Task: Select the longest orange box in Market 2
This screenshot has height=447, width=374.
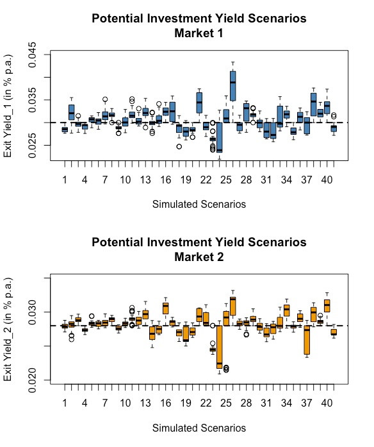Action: coord(219,347)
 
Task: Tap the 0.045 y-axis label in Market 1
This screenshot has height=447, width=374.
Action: coord(33,55)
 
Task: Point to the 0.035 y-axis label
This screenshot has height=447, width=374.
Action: coord(33,100)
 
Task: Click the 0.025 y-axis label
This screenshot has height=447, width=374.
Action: coord(33,146)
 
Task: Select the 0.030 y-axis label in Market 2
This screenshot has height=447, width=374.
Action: coord(33,312)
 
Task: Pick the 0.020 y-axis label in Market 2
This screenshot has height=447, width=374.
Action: coord(33,380)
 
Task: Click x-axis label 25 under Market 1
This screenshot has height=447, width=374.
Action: coord(226,180)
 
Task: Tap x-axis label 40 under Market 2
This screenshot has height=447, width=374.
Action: coord(327,403)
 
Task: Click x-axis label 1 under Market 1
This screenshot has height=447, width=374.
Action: coord(65,180)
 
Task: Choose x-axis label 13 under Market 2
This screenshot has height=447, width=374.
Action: coord(145,403)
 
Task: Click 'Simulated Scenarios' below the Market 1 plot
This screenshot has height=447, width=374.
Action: coord(199,204)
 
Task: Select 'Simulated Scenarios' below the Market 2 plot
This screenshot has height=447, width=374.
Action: coord(199,428)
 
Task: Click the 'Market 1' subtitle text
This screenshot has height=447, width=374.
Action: coord(199,33)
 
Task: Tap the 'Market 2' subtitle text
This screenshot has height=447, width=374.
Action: coord(199,257)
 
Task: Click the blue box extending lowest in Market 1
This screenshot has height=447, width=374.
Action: coord(219,137)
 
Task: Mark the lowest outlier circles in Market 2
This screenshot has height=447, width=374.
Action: coord(226,369)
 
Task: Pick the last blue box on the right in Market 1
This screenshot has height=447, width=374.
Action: coord(334,128)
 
